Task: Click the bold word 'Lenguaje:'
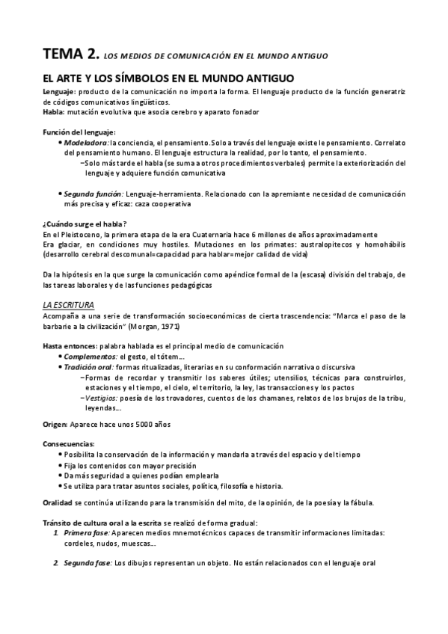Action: pos(59,91)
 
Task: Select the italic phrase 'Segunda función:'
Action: pos(93,193)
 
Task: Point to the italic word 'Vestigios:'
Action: pos(102,398)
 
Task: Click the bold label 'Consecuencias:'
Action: pos(69,444)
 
